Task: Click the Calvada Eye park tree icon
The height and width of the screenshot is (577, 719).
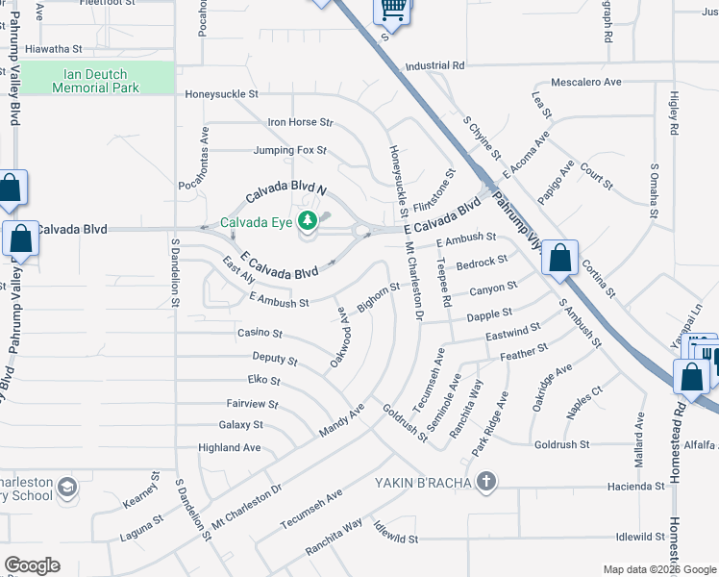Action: pyautogui.click(x=308, y=223)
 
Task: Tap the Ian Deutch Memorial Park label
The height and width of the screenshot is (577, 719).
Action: pyautogui.click(x=96, y=80)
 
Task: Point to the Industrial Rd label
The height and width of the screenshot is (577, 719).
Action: pyautogui.click(x=434, y=66)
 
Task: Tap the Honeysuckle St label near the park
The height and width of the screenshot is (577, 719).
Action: pyautogui.click(x=222, y=94)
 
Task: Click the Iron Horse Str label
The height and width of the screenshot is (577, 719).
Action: pyautogui.click(x=300, y=122)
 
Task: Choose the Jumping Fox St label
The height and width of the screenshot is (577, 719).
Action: pyautogui.click(x=290, y=150)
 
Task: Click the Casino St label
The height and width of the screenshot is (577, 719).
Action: pyautogui.click(x=260, y=334)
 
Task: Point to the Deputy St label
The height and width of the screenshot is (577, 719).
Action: pyautogui.click(x=275, y=360)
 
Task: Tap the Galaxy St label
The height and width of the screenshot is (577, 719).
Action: pyautogui.click(x=240, y=424)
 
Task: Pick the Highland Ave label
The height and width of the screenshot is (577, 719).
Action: pyautogui.click(x=230, y=447)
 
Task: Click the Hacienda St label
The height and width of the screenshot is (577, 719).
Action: pyautogui.click(x=635, y=487)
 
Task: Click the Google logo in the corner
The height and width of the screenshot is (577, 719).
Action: pyautogui.click(x=32, y=565)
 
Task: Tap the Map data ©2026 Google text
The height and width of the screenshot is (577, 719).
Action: pyautogui.click(x=658, y=569)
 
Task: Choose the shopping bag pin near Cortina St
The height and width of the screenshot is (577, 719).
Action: pyautogui.click(x=559, y=258)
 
